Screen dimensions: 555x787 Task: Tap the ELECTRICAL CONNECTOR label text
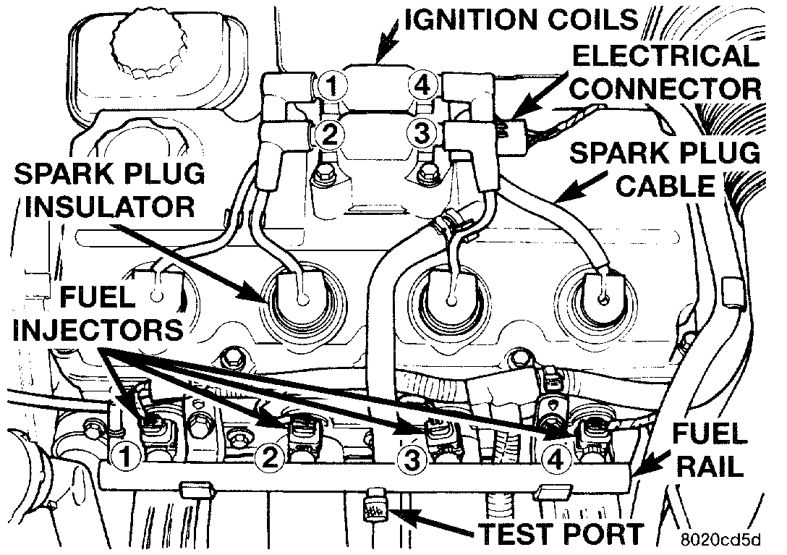(x=666, y=72)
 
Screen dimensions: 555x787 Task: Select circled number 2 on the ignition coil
(x=329, y=133)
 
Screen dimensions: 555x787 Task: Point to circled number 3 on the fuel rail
(x=413, y=459)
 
